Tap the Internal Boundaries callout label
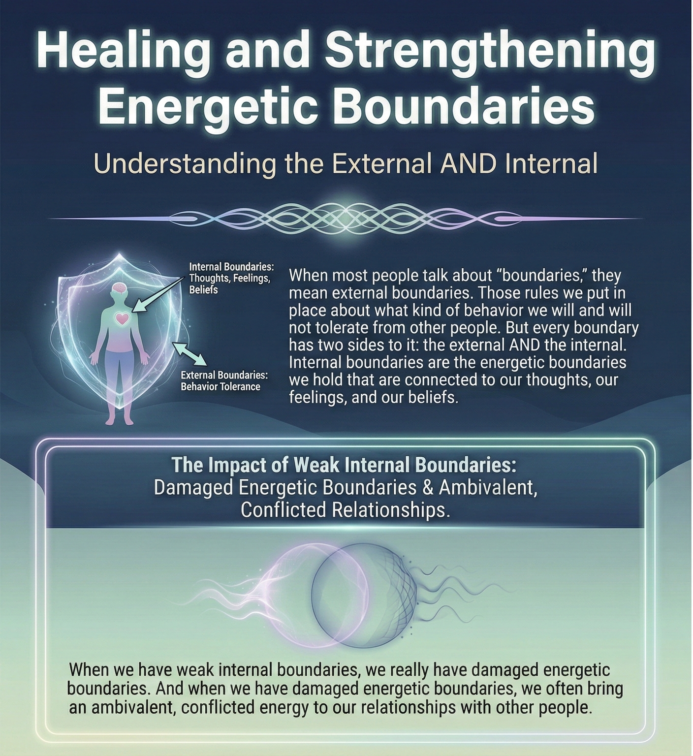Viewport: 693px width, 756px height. click(x=231, y=278)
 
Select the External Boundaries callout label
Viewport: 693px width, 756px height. click(x=224, y=381)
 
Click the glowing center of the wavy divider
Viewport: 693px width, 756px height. click(x=346, y=217)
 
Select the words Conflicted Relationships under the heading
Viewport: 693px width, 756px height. click(x=345, y=509)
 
